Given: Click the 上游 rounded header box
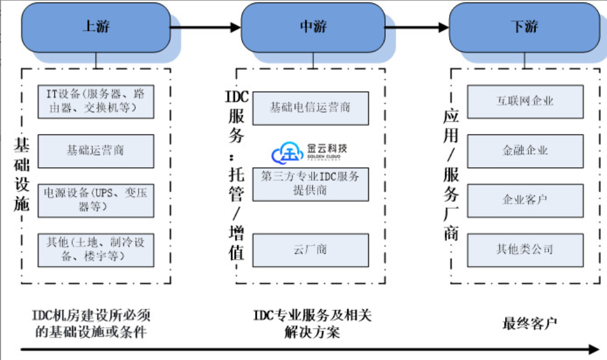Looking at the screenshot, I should click(x=96, y=27).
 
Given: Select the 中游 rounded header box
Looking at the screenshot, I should click(x=313, y=27).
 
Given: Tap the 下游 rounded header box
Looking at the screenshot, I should click(x=524, y=27).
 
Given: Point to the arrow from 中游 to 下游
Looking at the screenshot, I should click(x=417, y=27).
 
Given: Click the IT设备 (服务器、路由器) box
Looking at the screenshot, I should click(x=96, y=101).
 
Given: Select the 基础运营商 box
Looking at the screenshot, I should click(x=96, y=151).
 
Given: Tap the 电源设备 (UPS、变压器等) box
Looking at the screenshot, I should click(x=96, y=200).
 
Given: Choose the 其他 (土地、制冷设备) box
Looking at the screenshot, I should click(x=96, y=249).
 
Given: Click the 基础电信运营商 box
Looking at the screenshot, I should click(x=310, y=108).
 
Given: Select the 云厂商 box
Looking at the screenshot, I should click(x=310, y=250).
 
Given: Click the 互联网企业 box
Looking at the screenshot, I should click(x=525, y=101).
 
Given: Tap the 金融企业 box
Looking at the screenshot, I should click(x=525, y=151).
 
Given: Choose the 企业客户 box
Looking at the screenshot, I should click(x=525, y=200).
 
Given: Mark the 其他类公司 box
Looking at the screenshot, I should click(x=525, y=250).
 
